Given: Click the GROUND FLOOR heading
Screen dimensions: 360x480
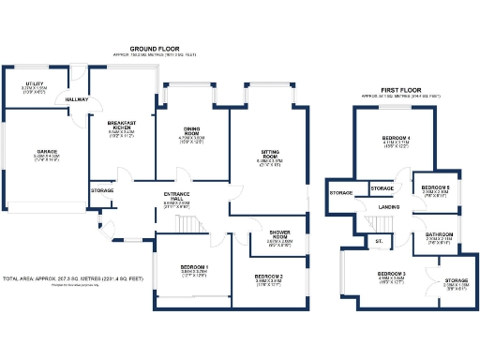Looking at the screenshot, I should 155,47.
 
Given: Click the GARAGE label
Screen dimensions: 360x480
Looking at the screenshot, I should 47,152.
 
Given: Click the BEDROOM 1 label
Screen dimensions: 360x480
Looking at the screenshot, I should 193,269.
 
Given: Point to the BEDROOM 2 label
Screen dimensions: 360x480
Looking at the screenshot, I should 268,277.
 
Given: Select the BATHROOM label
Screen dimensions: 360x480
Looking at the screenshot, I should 439,234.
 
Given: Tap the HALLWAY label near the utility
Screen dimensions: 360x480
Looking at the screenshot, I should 76,98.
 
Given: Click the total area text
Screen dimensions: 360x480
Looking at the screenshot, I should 73,279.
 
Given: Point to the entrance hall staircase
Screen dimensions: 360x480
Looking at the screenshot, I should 190,224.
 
